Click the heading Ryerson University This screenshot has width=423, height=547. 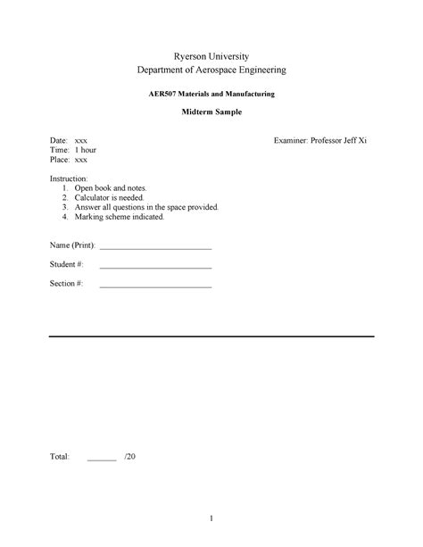pyautogui.click(x=211, y=54)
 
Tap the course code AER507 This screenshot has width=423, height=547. pyautogui.click(x=163, y=94)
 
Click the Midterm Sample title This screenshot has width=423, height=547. pyautogui.click(x=211, y=113)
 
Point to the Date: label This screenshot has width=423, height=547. pyautogui.click(x=58, y=142)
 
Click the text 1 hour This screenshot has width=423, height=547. pyautogui.click(x=86, y=151)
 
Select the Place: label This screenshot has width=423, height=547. pyautogui.click(x=59, y=160)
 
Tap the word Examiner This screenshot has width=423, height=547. pyautogui.click(x=299, y=142)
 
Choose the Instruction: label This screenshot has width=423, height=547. pyautogui.click(x=69, y=179)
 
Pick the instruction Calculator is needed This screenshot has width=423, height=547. pyautogui.click(x=114, y=198)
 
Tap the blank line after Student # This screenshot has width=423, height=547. pyautogui.click(x=155, y=267)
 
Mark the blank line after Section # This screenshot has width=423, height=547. pyautogui.click(x=155, y=286)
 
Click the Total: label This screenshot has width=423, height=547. pyautogui.click(x=59, y=457)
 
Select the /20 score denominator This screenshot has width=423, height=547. pyautogui.click(x=130, y=457)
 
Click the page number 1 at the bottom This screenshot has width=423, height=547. pyautogui.click(x=211, y=518)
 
